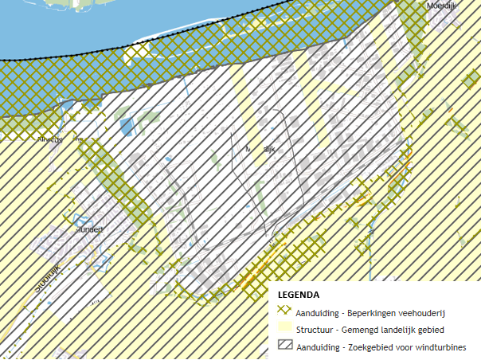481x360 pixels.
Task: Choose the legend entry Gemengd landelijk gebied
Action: (370, 330)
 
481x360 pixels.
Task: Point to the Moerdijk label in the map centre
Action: (260, 149)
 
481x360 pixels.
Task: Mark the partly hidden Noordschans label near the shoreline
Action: (59, 139)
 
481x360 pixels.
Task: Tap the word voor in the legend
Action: (406, 346)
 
